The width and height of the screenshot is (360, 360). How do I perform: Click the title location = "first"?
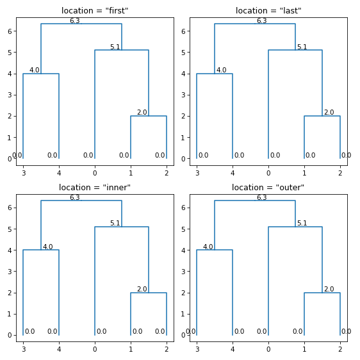[95, 11]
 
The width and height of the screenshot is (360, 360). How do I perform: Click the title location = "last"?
[268, 11]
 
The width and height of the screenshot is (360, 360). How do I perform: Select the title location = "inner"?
[95, 188]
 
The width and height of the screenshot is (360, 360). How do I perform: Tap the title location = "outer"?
[268, 188]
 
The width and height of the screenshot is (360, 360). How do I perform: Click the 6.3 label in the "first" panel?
[74, 20]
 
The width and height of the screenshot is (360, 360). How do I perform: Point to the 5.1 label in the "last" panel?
[302, 47]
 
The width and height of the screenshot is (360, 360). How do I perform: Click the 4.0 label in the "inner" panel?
[47, 247]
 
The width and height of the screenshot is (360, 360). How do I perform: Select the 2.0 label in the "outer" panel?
[329, 289]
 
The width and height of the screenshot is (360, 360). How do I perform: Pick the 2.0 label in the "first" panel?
[142, 112]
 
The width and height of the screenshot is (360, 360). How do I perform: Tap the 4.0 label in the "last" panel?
[221, 70]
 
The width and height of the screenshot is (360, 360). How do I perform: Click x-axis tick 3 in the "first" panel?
[23, 173]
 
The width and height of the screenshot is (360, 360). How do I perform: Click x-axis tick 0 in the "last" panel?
[268, 173]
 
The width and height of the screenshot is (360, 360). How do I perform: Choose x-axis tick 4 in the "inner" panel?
[59, 349]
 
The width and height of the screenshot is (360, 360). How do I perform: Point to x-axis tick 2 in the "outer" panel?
[340, 349]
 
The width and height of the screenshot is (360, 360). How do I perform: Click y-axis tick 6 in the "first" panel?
[10, 31]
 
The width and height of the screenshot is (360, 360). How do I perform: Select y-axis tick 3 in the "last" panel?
[184, 95]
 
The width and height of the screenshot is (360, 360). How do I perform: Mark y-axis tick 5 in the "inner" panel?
[10, 229]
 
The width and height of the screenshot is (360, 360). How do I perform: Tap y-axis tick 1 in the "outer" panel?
[184, 314]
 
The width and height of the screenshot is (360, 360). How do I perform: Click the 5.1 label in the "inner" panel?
[115, 223]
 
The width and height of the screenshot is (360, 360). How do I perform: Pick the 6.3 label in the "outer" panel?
[261, 197]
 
